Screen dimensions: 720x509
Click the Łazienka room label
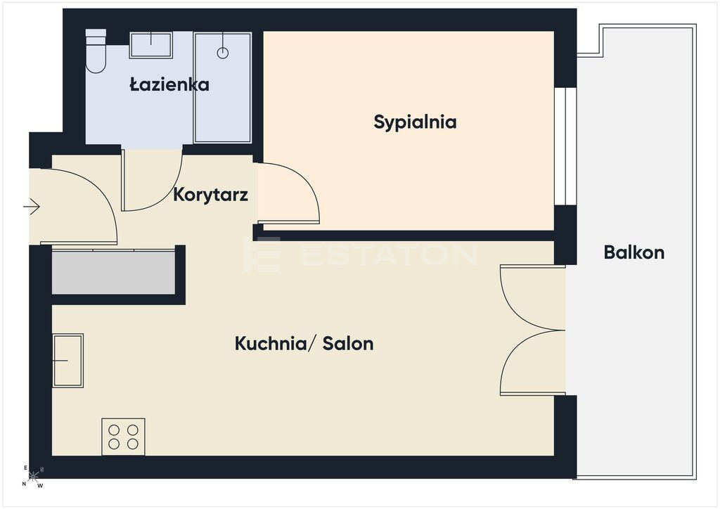(x=169, y=84)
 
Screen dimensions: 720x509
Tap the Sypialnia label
(x=415, y=122)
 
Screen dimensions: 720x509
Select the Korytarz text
(x=211, y=195)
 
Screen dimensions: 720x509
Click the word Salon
(x=348, y=343)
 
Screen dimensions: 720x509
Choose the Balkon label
(x=634, y=252)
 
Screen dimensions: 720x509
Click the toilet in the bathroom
(x=96, y=51)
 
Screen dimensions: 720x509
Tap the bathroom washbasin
(x=151, y=45)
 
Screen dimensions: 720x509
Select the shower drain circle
(x=223, y=53)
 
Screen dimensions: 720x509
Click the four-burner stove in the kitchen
(x=124, y=437)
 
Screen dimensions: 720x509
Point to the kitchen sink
(x=68, y=361)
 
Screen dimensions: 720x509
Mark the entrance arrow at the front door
(x=32, y=207)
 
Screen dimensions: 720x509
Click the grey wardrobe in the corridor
(x=113, y=272)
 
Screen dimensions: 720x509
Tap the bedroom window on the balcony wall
(x=565, y=146)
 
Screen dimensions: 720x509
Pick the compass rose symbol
(x=32, y=477)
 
